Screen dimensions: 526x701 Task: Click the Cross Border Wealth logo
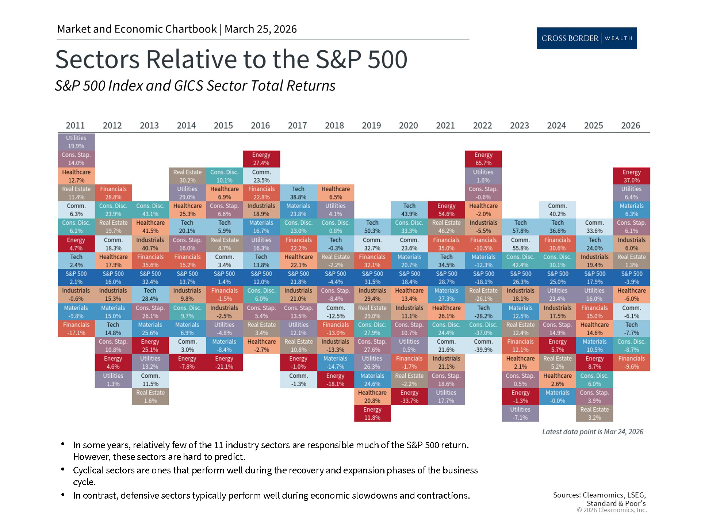586,38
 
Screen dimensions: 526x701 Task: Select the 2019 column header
371,125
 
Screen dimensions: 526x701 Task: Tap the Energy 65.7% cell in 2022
483,159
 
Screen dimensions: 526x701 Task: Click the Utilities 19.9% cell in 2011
76,142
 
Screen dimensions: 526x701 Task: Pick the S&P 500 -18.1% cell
483,278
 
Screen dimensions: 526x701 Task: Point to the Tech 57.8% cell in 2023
520,226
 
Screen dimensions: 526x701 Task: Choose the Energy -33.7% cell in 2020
409,396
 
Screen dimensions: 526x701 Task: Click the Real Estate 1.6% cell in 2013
150,396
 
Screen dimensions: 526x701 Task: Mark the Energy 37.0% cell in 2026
631,176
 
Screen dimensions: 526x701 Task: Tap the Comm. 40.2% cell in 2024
557,210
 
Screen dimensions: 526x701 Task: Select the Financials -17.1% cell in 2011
76,328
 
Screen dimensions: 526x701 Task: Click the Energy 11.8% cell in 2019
372,413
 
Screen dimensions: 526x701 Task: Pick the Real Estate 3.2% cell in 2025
594,413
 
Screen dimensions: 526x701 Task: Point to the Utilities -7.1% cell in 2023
520,413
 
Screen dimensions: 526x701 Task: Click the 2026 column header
631,125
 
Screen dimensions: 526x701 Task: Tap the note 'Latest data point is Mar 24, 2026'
592,432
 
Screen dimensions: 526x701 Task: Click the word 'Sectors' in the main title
97,59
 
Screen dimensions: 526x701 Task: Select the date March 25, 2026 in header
260,29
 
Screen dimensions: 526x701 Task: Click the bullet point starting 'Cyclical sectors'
275,476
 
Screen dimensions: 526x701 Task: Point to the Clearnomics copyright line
612,510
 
